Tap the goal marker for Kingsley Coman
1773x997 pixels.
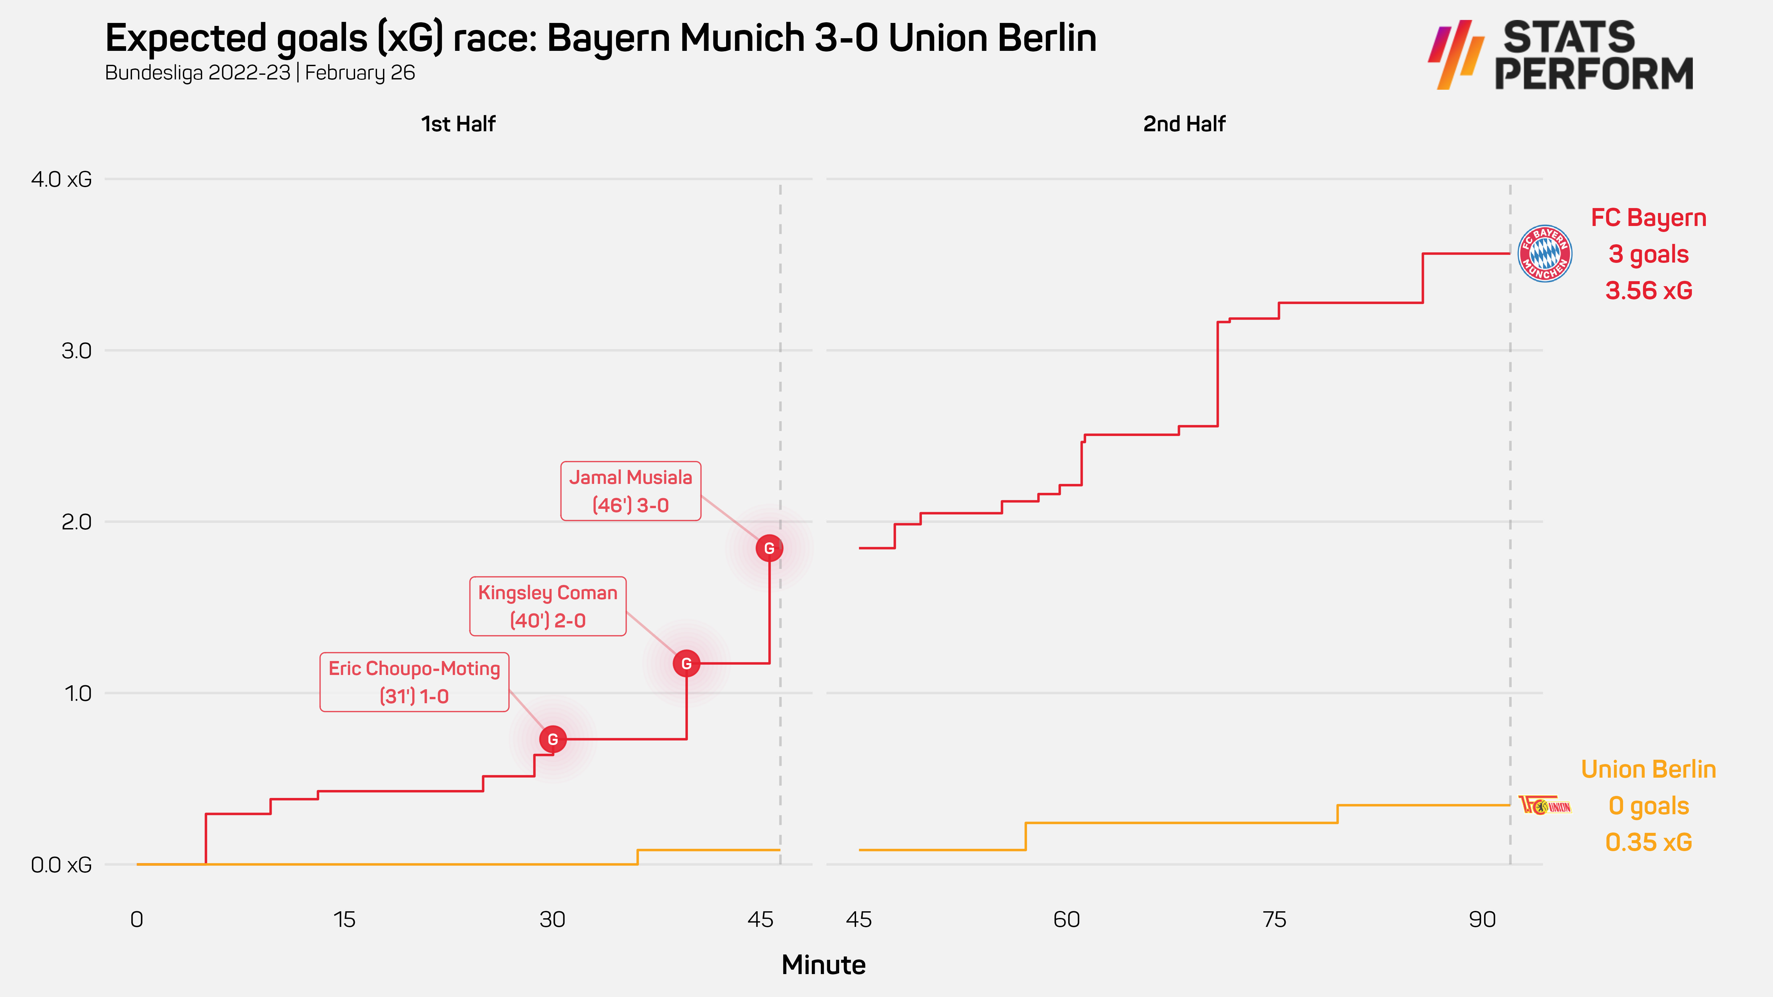686,663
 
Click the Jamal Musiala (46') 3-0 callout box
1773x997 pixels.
630,491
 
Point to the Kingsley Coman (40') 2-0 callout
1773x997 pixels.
548,606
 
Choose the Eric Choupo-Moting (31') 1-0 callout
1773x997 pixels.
414,682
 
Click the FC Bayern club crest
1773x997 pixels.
1545,253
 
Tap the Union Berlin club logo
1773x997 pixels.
1545,805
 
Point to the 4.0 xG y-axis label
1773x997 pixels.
61,179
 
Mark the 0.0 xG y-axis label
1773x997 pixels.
61,865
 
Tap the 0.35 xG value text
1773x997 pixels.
1648,842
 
